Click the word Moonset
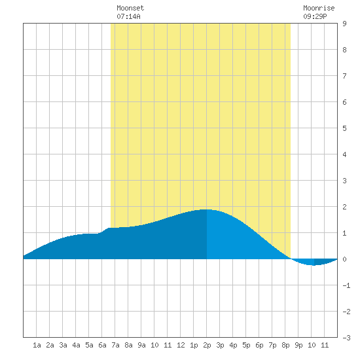tap(130, 8)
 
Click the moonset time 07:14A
tap(128, 16)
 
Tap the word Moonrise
tap(319, 8)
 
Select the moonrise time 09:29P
tap(315, 16)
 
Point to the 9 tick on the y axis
tap(344, 24)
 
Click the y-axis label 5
tap(344, 128)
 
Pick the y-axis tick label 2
tap(344, 207)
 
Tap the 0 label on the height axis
tap(344, 259)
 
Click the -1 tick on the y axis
tap(346, 285)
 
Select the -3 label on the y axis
tap(346, 338)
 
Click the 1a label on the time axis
tap(37, 345)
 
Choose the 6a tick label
tap(102, 345)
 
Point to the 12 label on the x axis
tap(181, 345)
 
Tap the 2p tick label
tap(207, 345)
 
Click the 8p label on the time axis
tap(285, 345)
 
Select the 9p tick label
tap(298, 345)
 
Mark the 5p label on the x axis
tap(246, 345)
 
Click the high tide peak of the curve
tap(206, 209)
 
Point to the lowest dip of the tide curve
tap(314, 265)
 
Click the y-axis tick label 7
tap(344, 76)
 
